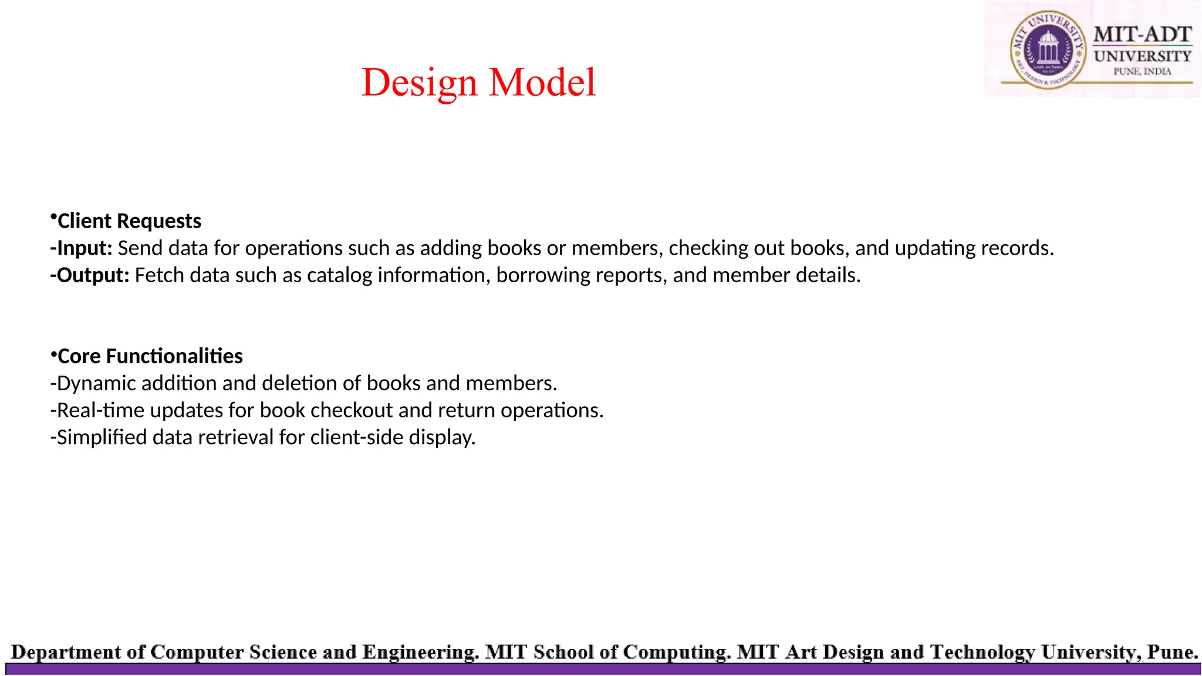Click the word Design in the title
[x=419, y=83]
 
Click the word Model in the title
[x=542, y=83]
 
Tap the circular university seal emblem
[x=1048, y=50]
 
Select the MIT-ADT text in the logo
[x=1142, y=35]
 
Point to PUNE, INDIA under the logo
[x=1142, y=72]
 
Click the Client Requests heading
[x=129, y=221]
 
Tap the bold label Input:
[x=82, y=248]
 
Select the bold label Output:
[x=90, y=275]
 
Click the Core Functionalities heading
[x=150, y=356]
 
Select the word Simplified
[x=102, y=437]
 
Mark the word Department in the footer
[x=66, y=653]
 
